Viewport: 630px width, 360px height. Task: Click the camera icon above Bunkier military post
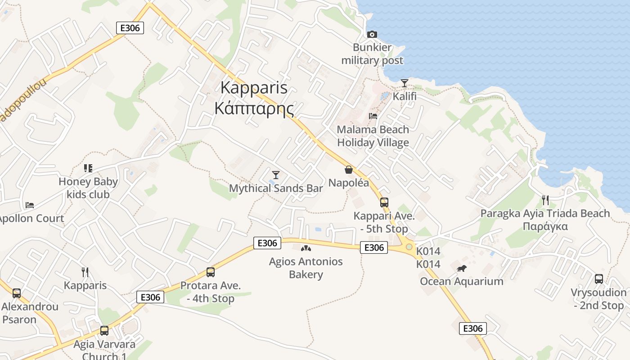[372, 34]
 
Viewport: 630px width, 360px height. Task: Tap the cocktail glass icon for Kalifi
[405, 83]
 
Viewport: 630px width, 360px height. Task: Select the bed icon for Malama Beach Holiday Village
[373, 116]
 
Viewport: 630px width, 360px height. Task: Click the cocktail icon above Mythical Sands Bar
[276, 175]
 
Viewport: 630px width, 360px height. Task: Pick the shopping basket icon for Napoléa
[348, 170]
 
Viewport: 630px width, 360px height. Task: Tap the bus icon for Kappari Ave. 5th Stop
[384, 202]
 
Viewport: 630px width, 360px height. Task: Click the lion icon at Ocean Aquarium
[461, 269]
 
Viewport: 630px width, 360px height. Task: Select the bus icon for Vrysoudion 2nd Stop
[599, 279]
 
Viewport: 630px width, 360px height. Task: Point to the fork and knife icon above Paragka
[545, 200]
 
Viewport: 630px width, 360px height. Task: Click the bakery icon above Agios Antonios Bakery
[306, 248]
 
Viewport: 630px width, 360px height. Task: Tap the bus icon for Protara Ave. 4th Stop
[210, 272]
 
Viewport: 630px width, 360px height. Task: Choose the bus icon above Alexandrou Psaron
[17, 293]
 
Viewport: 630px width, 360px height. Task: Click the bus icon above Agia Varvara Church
[104, 331]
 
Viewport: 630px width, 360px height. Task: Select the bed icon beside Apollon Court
[30, 205]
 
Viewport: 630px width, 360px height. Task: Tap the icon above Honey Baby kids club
[88, 168]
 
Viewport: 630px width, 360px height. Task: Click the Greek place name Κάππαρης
[254, 108]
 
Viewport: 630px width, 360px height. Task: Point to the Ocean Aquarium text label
[461, 282]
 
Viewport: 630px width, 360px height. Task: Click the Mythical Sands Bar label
[276, 188]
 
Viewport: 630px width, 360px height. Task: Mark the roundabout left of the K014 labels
[409, 247]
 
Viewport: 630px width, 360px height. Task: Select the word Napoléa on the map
[348, 183]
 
